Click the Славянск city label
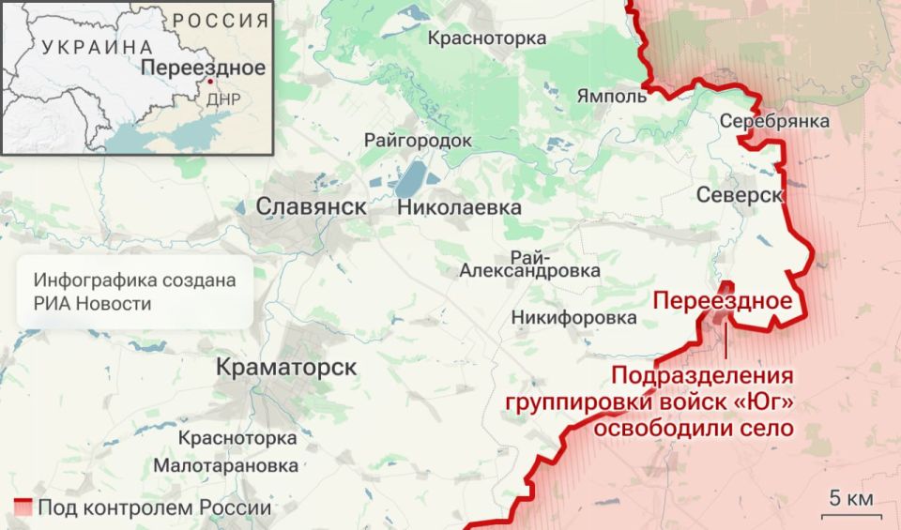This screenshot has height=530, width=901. [311, 206]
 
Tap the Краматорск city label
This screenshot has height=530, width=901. [286, 367]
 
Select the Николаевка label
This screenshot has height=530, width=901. [459, 207]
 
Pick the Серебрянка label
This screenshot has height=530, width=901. [775, 121]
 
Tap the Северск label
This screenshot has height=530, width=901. [741, 194]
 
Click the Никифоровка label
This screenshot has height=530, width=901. [574, 318]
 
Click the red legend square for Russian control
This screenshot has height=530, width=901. [23, 507]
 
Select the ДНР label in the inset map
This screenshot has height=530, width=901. [223, 98]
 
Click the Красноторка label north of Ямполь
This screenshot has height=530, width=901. [487, 38]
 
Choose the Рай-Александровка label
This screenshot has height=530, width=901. [530, 264]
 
